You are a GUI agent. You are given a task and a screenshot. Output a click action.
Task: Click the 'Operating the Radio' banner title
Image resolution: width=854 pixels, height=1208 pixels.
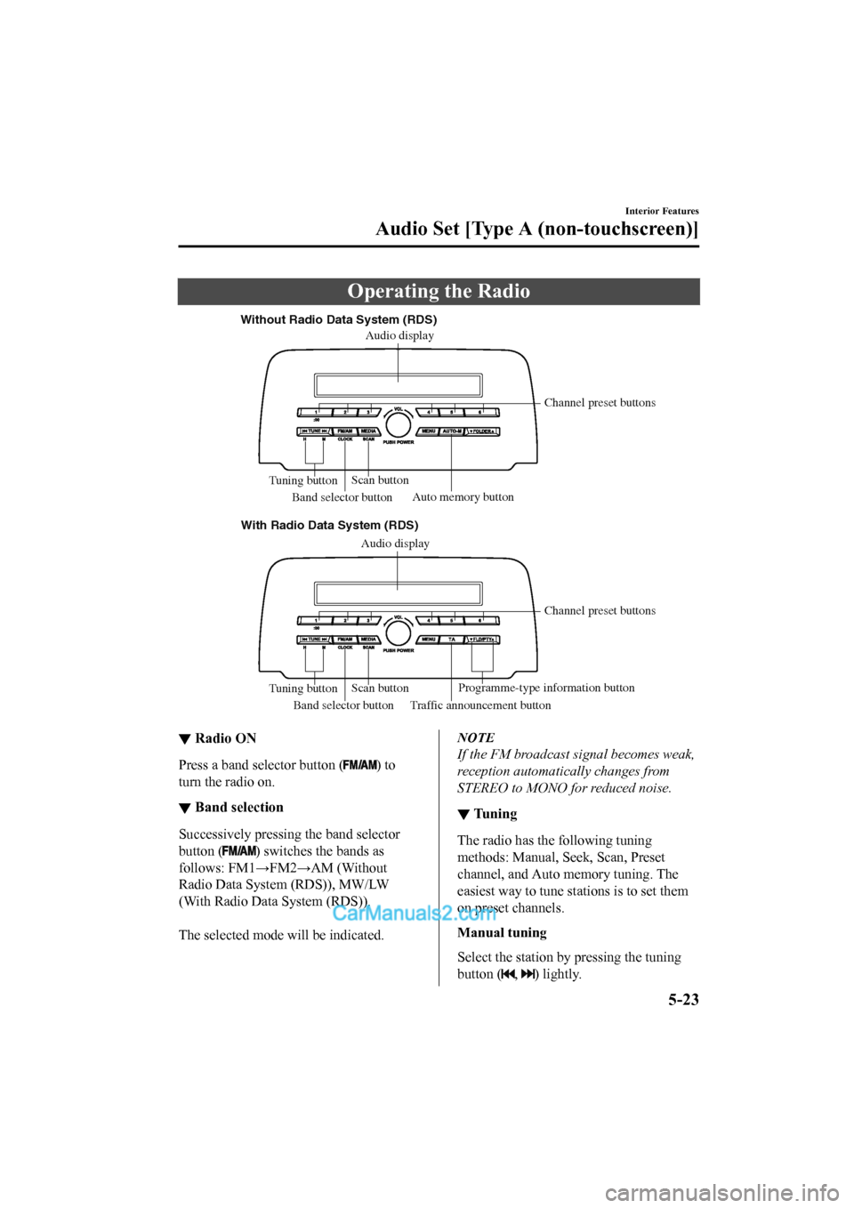point(439,292)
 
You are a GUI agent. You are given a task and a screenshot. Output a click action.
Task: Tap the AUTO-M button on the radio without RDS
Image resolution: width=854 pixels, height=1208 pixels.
point(452,431)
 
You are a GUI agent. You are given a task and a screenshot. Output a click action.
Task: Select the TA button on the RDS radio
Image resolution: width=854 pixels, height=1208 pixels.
point(452,640)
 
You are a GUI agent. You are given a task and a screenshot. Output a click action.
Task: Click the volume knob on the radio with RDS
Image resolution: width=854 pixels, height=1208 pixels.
point(399,632)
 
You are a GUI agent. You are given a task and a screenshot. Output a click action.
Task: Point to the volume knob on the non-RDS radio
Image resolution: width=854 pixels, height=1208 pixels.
point(399,424)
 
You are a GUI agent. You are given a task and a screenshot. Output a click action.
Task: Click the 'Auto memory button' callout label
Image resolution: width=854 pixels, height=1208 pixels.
point(463,497)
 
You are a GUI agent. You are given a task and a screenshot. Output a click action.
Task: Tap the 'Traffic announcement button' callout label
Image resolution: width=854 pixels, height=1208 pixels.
point(480,705)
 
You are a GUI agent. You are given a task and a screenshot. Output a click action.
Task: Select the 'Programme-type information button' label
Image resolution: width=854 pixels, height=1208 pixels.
point(546,688)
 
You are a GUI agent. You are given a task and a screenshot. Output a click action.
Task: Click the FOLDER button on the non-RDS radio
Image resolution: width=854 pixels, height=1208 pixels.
point(482,431)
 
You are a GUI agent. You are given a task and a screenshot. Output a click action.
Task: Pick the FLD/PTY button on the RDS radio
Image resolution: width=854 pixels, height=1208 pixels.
point(482,640)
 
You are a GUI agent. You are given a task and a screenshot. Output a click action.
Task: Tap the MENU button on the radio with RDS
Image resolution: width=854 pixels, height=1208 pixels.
point(429,640)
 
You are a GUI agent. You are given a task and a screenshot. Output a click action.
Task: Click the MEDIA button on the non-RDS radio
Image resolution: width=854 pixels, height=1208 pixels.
point(368,431)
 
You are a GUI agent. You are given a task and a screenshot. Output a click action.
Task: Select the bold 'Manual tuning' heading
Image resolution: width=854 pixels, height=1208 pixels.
point(502,933)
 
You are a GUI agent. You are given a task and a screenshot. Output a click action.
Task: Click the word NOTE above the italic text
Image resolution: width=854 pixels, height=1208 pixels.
point(476,737)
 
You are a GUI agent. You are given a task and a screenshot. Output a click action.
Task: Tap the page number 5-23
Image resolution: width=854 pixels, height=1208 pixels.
point(683,1000)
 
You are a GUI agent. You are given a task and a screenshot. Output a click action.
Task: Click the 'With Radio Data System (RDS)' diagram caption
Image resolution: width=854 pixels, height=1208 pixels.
point(329,526)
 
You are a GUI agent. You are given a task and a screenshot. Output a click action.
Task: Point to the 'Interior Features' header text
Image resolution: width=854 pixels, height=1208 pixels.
point(662,212)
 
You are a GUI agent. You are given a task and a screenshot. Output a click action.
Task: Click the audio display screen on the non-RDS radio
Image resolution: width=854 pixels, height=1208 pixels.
point(398,385)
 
